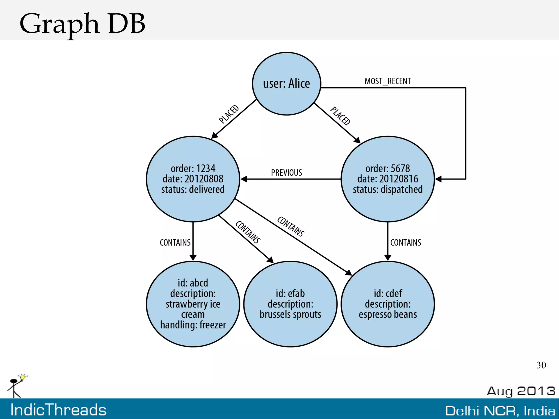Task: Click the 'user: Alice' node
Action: (x=286, y=84)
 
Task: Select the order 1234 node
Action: (x=193, y=179)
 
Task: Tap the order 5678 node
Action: (x=388, y=179)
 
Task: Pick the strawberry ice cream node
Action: (x=193, y=304)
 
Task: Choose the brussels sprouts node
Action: (x=290, y=304)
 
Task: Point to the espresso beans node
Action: (x=388, y=304)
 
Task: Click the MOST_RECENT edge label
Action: (x=388, y=81)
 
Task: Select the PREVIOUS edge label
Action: (x=286, y=173)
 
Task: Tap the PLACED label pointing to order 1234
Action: (x=229, y=114)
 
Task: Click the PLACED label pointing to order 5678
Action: (x=340, y=115)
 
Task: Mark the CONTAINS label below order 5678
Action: (x=406, y=242)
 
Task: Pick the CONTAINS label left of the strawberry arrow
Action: (x=175, y=242)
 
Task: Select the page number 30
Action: (x=541, y=365)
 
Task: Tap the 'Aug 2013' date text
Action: (x=521, y=391)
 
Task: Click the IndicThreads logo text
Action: (x=58, y=410)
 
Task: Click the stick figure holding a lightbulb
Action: (x=16, y=386)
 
